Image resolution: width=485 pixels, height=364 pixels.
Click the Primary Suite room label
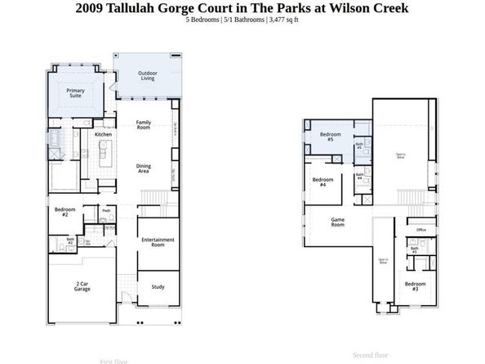74,93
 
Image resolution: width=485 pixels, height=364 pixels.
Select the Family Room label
144,124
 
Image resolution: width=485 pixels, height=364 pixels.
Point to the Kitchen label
103,134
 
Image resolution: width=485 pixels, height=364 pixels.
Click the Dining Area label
144,169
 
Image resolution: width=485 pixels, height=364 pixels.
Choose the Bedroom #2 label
66,212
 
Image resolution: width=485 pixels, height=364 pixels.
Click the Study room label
158,286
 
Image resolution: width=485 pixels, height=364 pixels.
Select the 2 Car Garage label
82,287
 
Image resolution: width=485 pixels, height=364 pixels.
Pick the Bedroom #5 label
330,137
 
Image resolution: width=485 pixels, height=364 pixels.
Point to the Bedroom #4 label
323,182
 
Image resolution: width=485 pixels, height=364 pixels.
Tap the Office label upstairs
422,231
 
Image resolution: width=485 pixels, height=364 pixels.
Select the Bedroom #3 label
416,287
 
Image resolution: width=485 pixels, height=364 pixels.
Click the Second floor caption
372,356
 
